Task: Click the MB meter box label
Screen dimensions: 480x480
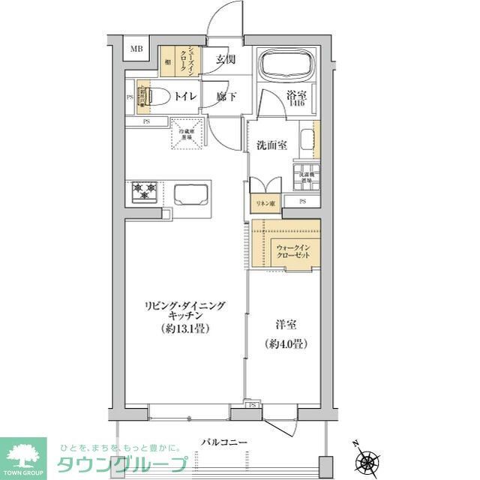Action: (x=136, y=49)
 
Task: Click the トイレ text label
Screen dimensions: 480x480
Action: (x=185, y=96)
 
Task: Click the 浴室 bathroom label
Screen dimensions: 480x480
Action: (x=295, y=95)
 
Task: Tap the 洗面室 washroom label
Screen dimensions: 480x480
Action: (x=271, y=145)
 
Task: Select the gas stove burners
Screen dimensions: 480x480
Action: (x=145, y=192)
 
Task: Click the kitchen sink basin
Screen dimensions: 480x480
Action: (x=192, y=195)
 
